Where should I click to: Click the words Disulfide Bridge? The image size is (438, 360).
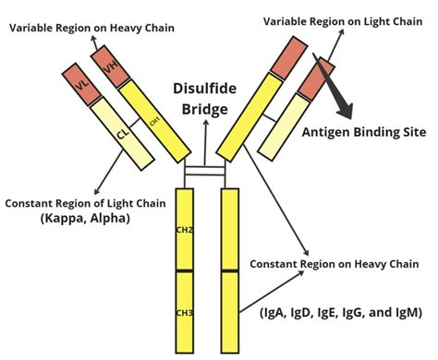pos(204,99)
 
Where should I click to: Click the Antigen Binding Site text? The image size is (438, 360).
pos(363,132)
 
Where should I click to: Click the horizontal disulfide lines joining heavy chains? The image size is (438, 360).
pos(204,172)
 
